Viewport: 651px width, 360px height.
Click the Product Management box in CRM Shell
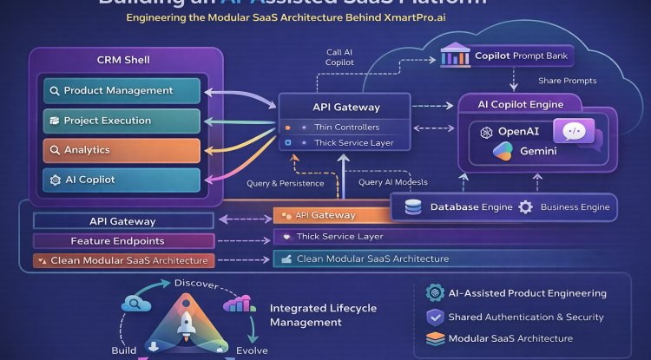point(122,91)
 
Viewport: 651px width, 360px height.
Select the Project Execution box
point(122,121)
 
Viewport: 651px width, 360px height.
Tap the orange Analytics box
point(122,150)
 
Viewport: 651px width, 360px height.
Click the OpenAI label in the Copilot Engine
point(519,131)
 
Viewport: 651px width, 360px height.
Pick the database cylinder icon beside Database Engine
point(414,207)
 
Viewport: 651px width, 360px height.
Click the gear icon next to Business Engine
point(525,207)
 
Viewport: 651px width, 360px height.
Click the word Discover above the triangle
point(196,284)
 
